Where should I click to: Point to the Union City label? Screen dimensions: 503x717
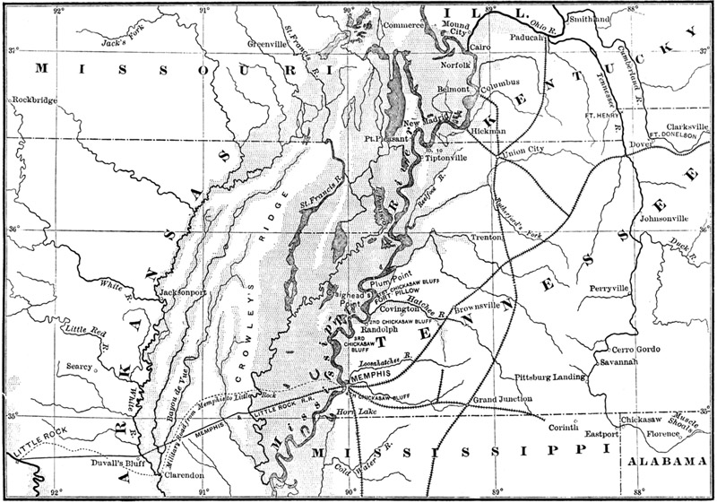point(526,150)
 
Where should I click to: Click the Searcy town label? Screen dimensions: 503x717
point(80,366)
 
